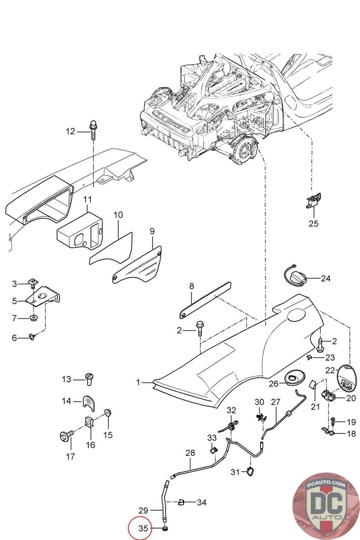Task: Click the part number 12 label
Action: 70,131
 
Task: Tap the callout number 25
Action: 313,223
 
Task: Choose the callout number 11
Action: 87,199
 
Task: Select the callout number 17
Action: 70,457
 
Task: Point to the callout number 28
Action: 190,453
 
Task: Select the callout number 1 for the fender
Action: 138,382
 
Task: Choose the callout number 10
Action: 118,215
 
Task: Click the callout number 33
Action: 212,438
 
